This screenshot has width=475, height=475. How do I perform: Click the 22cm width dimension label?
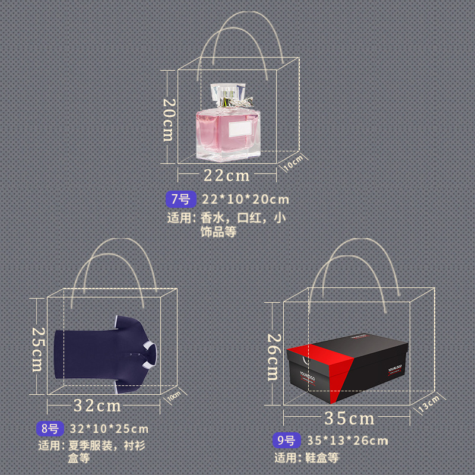click(x=227, y=175)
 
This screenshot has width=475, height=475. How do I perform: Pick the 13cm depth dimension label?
click(x=430, y=404)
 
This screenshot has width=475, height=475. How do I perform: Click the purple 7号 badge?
click(x=180, y=199)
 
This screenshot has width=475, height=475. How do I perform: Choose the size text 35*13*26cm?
click(x=347, y=441)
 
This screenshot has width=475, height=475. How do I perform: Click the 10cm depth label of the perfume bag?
click(x=294, y=163)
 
